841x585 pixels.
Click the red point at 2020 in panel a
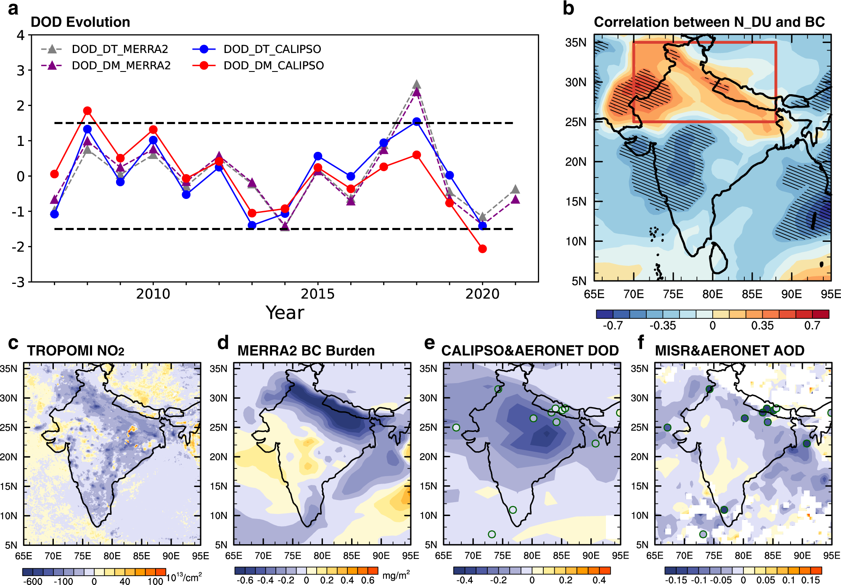click(482, 249)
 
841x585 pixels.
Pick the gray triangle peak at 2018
click(416, 85)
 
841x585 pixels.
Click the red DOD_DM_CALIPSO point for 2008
click(87, 111)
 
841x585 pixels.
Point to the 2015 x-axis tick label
click(317, 294)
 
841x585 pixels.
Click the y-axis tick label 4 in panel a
click(20, 35)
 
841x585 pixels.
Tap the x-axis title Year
click(285, 312)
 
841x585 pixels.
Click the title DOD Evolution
click(80, 22)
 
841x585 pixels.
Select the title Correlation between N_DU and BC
click(709, 22)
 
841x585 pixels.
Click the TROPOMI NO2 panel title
click(76, 350)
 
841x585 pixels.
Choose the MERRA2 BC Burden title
click(306, 350)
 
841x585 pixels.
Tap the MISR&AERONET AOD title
click(730, 350)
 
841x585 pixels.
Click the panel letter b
click(568, 8)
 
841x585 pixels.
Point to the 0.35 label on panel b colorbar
click(762, 326)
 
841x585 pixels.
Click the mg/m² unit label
click(396, 575)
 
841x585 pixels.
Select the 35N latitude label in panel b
click(576, 42)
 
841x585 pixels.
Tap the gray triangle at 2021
click(516, 190)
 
